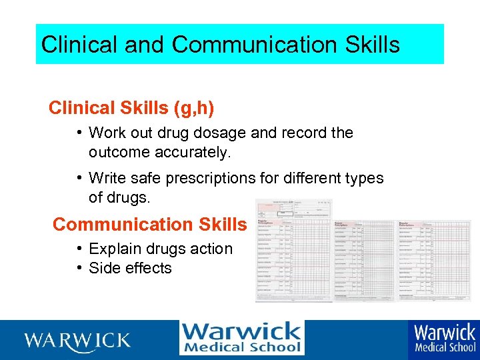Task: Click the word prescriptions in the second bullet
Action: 209,178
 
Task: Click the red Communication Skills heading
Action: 149,225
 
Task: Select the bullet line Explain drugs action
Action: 160,249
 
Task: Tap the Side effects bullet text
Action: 130,268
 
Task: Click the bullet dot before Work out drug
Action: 79,132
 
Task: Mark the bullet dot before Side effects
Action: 79,267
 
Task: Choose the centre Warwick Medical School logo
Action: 241,338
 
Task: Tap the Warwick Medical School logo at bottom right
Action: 445,338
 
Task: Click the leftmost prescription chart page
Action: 293,250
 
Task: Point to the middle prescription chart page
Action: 363,260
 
